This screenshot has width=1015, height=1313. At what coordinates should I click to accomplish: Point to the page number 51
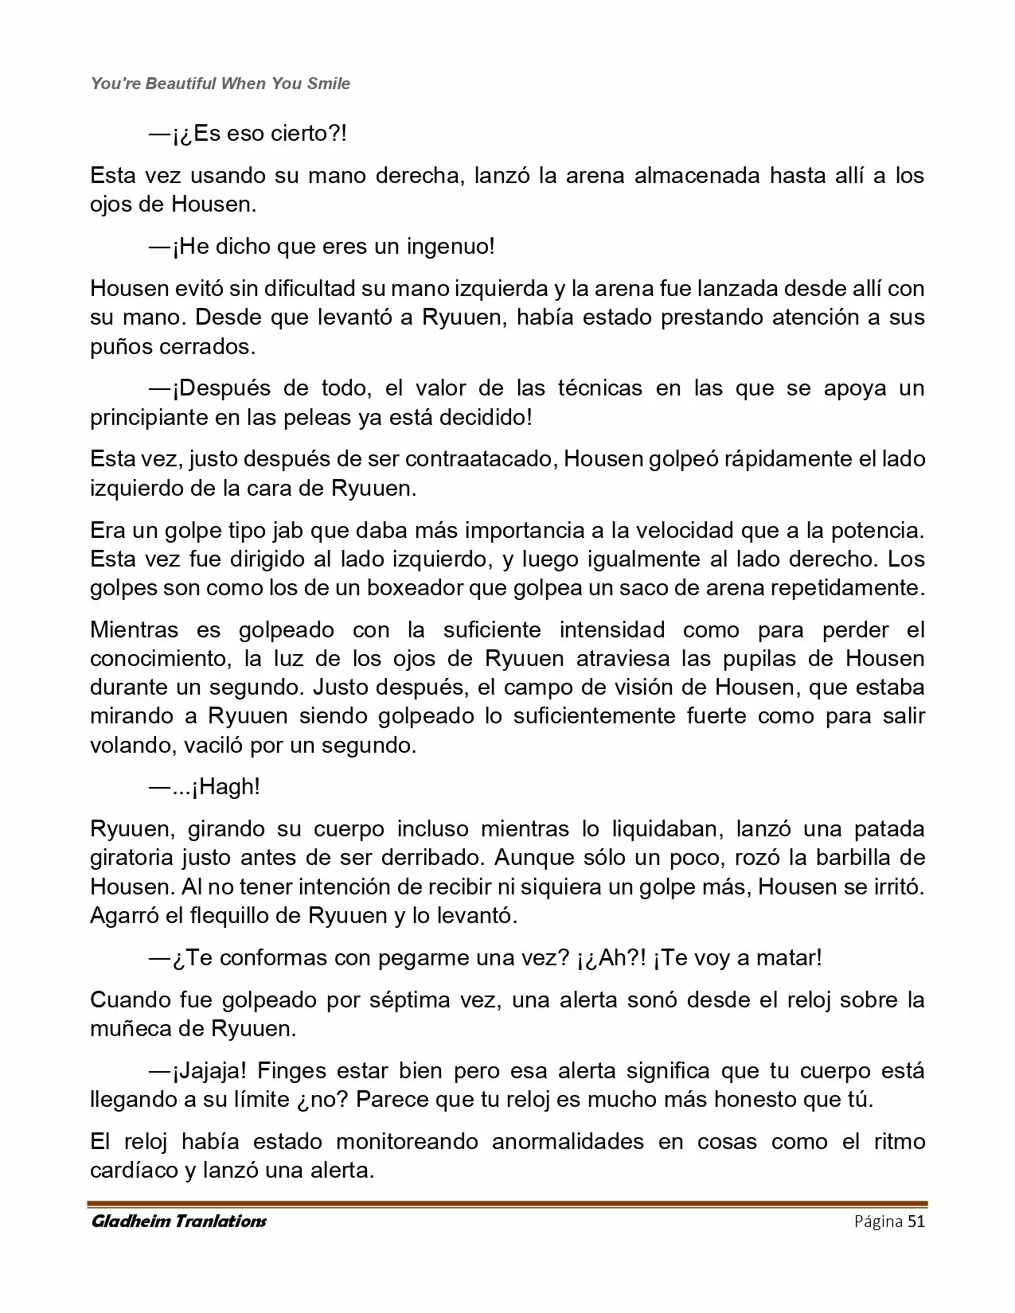point(915,1221)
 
